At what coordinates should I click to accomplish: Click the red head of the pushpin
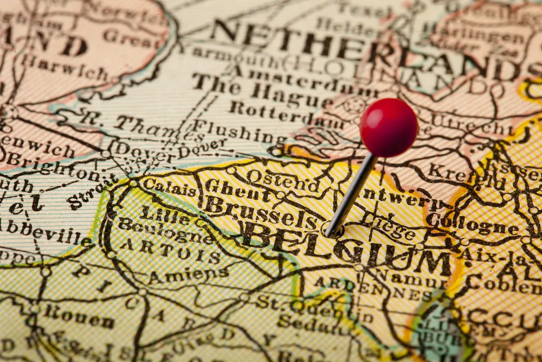389,128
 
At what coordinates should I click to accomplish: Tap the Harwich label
64,68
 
